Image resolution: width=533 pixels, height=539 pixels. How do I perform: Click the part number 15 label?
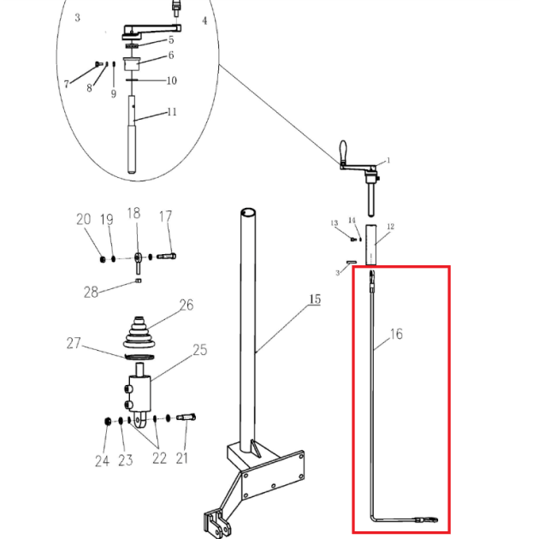click(315, 299)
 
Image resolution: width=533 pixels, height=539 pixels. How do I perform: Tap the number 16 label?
click(396, 334)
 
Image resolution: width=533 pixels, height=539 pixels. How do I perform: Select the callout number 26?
click(187, 305)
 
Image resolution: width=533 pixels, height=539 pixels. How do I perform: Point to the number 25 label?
click(200, 350)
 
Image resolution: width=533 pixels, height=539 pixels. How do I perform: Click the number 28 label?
click(91, 293)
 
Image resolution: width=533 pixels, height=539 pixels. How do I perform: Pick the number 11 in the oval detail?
click(172, 112)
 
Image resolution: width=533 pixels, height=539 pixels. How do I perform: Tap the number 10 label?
click(171, 80)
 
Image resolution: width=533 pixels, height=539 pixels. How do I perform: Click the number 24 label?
click(102, 461)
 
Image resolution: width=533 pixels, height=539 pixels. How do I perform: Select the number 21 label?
click(181, 459)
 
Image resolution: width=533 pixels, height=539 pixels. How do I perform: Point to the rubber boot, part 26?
click(139, 332)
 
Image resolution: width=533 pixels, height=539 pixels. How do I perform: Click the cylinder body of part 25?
click(139, 394)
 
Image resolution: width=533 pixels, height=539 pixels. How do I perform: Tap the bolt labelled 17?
click(167, 256)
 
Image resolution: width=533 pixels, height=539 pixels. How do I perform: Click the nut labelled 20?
click(103, 259)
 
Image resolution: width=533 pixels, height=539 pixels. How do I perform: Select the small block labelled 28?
click(139, 281)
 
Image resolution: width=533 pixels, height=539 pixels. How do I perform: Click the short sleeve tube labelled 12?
click(370, 245)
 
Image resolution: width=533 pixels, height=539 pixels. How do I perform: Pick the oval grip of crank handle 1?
click(343, 150)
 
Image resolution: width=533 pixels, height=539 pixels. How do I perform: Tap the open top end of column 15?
click(248, 211)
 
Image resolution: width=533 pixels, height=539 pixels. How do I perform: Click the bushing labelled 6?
click(131, 64)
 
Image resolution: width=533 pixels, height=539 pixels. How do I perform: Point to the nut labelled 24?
click(108, 421)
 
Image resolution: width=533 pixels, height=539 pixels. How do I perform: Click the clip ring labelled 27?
click(139, 357)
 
